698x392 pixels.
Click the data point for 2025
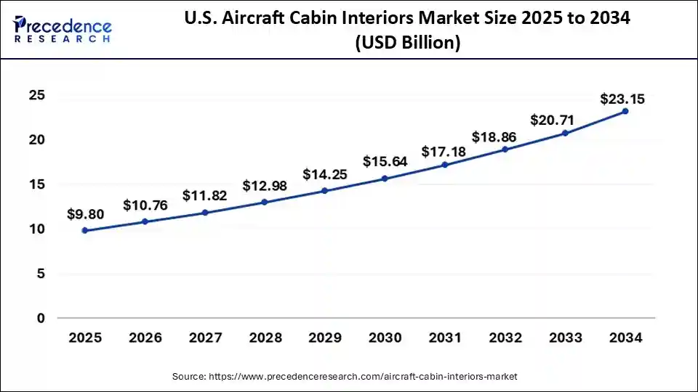click(85, 230)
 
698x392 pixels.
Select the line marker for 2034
click(625, 111)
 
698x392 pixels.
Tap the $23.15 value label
click(622, 99)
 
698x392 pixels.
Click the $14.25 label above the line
click(325, 174)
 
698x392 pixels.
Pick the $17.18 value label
click(445, 152)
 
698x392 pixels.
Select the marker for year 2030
click(385, 178)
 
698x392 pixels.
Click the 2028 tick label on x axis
click(265, 338)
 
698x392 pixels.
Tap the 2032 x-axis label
click(505, 338)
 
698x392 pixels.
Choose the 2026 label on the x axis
click(145, 338)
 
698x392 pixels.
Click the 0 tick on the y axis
click(41, 318)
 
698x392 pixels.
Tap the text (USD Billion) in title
click(408, 44)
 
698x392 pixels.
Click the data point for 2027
click(205, 212)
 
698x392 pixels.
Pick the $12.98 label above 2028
click(265, 186)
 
